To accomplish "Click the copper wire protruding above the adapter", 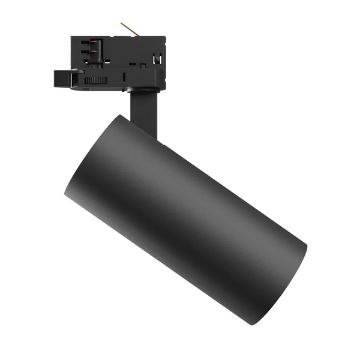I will pos(127,28).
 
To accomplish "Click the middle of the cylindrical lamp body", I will pos(186,219).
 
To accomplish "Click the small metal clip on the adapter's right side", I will pos(158,59).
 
